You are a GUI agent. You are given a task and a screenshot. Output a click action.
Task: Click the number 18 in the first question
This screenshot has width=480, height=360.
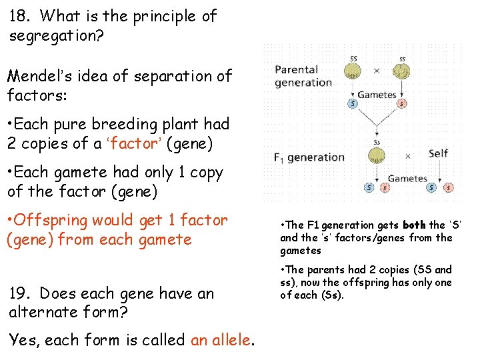click(x=18, y=16)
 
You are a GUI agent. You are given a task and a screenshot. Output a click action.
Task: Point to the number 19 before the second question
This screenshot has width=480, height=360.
click(x=19, y=293)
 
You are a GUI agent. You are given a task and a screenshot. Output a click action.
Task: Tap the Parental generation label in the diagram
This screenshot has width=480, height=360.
click(x=303, y=76)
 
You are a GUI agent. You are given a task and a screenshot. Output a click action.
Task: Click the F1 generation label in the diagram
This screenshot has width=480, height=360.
click(x=309, y=158)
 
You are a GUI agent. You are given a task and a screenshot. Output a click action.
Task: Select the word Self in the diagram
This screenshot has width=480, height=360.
click(x=438, y=153)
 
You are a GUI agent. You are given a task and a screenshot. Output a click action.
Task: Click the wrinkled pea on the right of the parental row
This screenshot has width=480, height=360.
click(x=401, y=71)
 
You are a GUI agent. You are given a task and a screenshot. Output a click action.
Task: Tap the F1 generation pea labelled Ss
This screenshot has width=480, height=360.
click(x=377, y=156)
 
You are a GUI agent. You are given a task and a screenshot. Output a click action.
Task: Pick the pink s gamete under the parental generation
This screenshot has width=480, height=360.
click(x=401, y=104)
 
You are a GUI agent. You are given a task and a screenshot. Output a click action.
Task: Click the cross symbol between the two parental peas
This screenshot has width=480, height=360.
click(x=377, y=71)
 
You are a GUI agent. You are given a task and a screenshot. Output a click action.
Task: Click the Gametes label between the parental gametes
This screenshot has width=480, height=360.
click(x=377, y=95)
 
